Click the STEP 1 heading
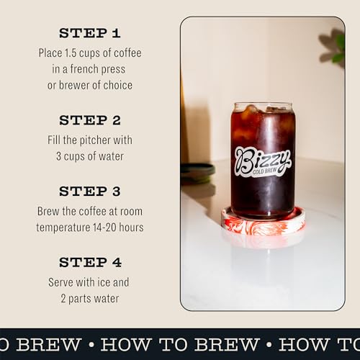(89, 33)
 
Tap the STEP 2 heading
(89, 120)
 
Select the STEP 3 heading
(89, 192)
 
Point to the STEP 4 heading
(89, 263)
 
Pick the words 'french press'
(107, 69)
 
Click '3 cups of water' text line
(89, 156)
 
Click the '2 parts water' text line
(89, 298)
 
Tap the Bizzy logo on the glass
(262, 157)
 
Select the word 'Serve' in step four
(61, 282)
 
